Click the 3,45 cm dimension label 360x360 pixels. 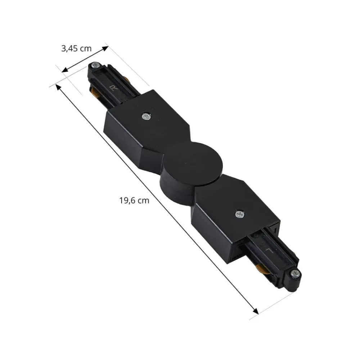pyautogui.click(x=76, y=49)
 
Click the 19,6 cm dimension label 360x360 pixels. pyautogui.click(x=134, y=201)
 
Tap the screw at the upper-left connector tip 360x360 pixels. pyautogui.click(x=95, y=66)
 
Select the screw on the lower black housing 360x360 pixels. pyautogui.click(x=239, y=215)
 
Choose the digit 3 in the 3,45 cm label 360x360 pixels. pyautogui.click(x=63, y=49)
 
